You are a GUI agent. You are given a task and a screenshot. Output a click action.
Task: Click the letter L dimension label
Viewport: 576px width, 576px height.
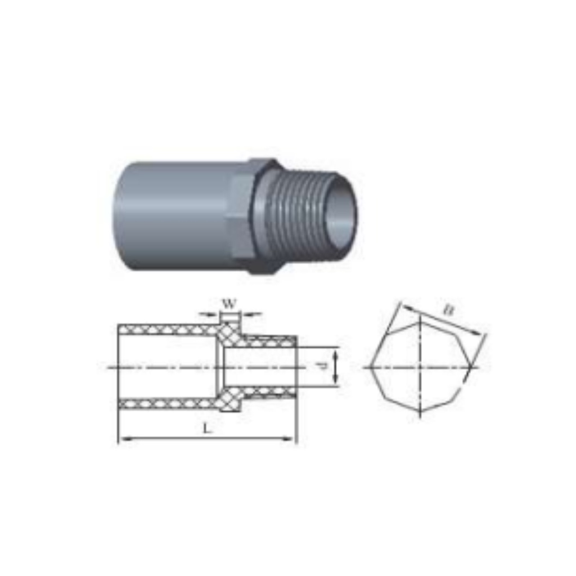(x=208, y=428)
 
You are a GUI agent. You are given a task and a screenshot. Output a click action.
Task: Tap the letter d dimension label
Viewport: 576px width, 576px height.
(x=322, y=366)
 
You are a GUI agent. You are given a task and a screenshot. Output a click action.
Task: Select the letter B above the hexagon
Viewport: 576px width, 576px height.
(x=449, y=310)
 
